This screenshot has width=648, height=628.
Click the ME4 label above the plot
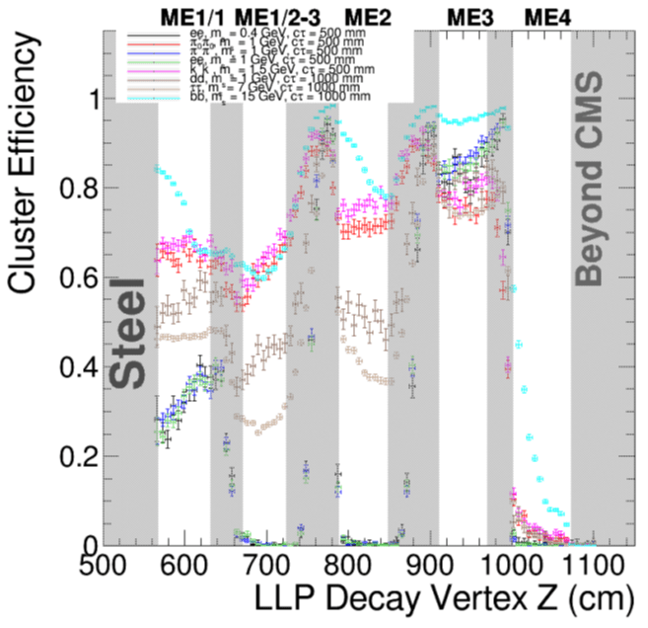(545, 16)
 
